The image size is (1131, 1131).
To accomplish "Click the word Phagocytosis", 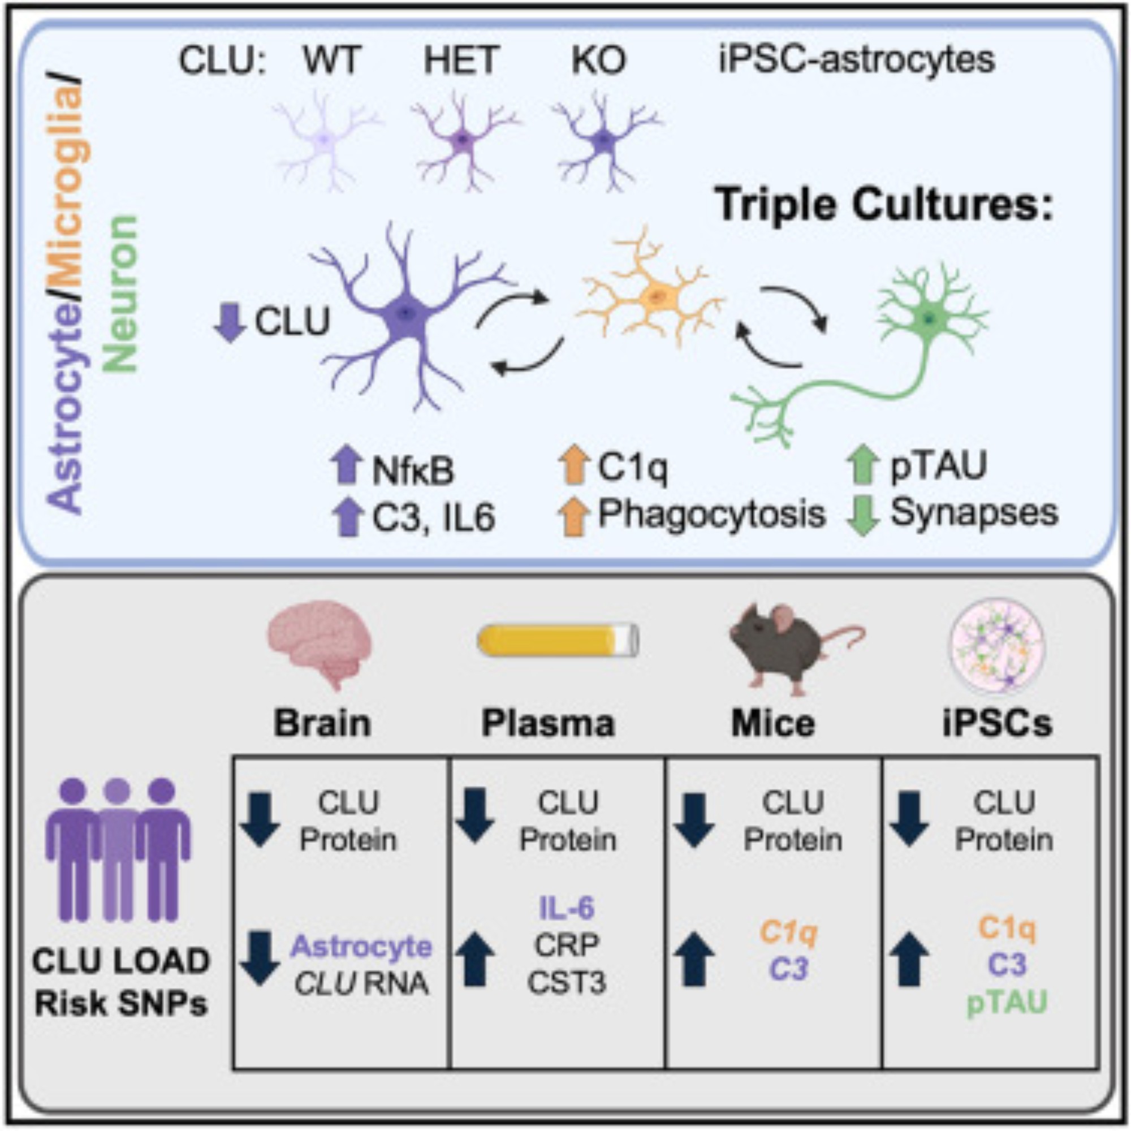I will click(x=711, y=514).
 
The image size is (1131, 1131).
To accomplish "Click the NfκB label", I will click(x=413, y=471).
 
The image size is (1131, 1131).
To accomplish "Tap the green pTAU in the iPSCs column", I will click(x=1007, y=1002).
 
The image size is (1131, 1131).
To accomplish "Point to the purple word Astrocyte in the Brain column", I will click(x=362, y=946).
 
